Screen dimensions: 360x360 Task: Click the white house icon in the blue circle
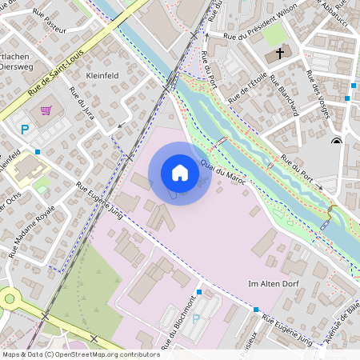tap(179, 173)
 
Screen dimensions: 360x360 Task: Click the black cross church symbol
tap(280, 54)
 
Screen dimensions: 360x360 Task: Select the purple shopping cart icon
tap(46, 110)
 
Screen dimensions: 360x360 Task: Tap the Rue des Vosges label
tap(318, 94)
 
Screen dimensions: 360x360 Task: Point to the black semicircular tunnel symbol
tap(336, 141)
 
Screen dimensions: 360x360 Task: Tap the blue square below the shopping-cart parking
tap(38, 150)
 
